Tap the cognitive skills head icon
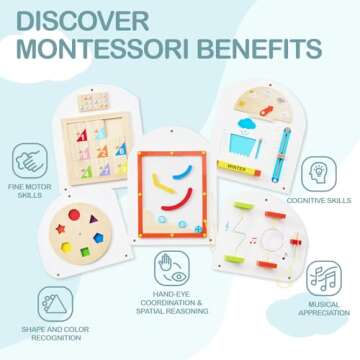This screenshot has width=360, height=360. [318, 172]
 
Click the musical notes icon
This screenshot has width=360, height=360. [322, 278]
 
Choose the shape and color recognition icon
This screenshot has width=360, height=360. [55, 303]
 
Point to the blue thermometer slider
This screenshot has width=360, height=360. [284, 147]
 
